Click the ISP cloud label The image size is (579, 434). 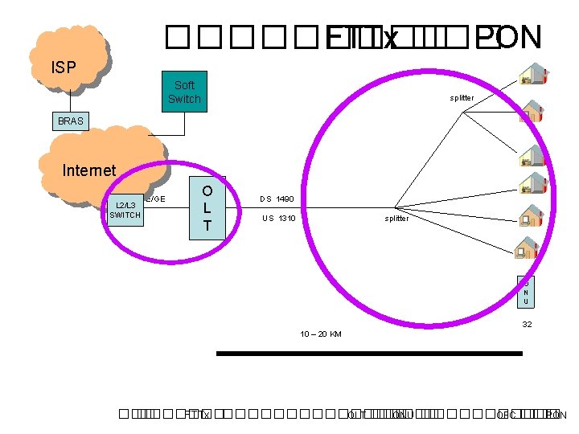64,67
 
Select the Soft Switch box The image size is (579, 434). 184,92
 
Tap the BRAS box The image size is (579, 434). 71,121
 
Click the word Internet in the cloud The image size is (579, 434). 89,170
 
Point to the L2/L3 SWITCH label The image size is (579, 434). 125,211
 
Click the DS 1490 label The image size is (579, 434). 277,199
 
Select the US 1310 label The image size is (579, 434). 279,219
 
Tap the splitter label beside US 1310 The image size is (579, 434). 396,219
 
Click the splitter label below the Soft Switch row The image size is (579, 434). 462,98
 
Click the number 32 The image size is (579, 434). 527,325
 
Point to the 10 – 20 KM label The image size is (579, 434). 321,334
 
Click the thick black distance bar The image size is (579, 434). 370,353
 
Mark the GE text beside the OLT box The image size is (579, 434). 156,199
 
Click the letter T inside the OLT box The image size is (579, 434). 207,226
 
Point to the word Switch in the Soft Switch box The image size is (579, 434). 184,99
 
